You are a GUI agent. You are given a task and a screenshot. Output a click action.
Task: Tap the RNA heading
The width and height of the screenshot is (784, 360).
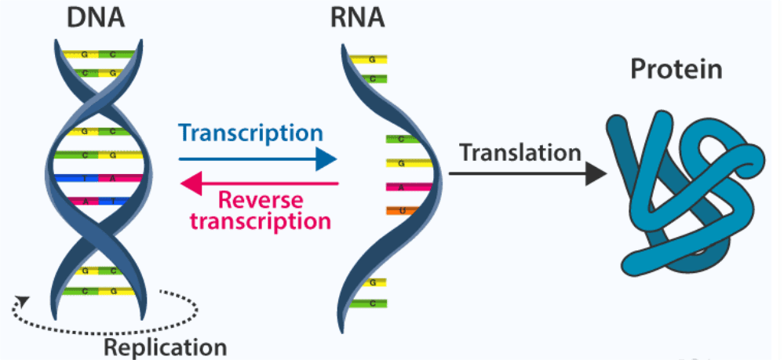pyautogui.click(x=358, y=16)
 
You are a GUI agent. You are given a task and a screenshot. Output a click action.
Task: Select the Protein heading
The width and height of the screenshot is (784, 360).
pyautogui.click(x=676, y=70)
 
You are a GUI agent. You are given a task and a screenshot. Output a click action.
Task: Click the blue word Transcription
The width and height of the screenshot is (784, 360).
pyautogui.click(x=250, y=133)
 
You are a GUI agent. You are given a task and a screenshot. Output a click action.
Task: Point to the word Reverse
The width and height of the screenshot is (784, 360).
pyautogui.click(x=259, y=200)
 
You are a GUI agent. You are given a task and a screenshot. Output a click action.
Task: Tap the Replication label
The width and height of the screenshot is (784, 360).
pyautogui.click(x=166, y=347)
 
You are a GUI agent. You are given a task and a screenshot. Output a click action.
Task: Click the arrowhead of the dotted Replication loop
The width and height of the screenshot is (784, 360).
pyautogui.click(x=24, y=300)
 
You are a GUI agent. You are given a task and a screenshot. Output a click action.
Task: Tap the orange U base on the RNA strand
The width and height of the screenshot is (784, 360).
pyautogui.click(x=402, y=210)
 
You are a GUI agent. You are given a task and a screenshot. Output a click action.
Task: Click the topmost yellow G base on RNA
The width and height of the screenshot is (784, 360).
pyautogui.click(x=367, y=59)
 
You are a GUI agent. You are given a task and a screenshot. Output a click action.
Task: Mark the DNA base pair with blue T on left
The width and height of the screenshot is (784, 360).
pyautogui.click(x=98, y=178)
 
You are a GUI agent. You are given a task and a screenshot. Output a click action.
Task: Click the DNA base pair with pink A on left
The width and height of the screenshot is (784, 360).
pyautogui.click(x=98, y=201)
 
